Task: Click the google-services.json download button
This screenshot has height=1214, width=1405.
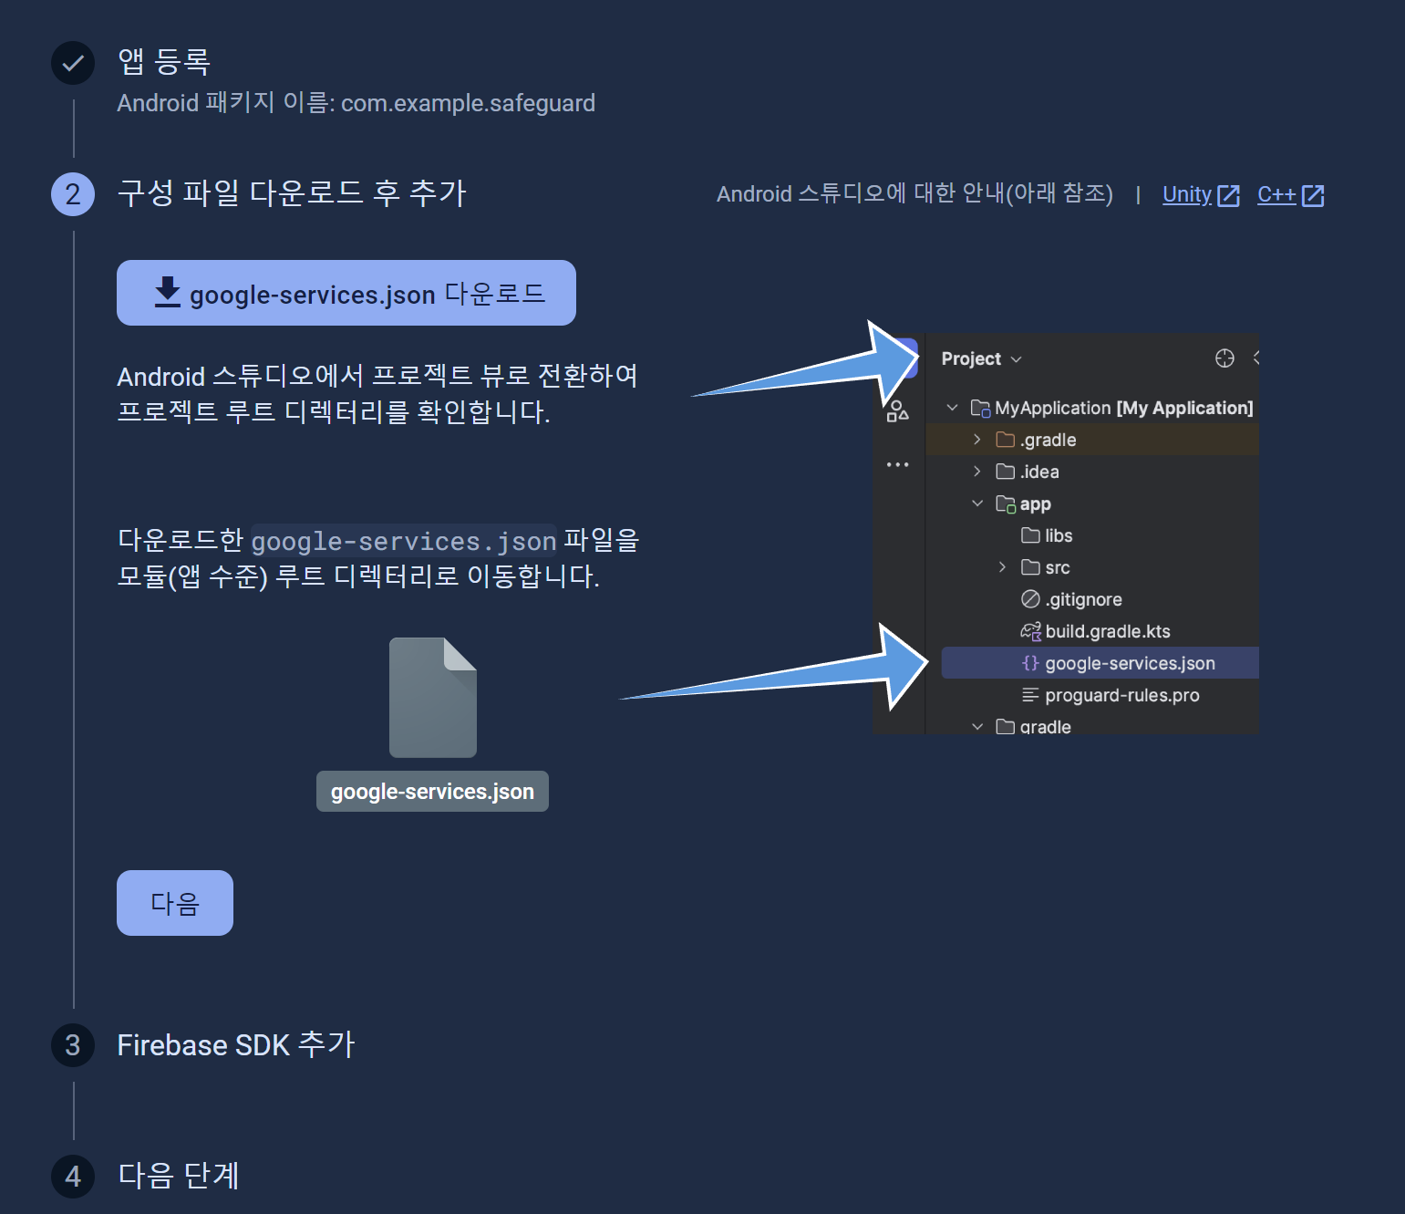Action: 346,293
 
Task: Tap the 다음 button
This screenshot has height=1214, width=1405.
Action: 175,902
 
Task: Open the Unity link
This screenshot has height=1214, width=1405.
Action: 1201,195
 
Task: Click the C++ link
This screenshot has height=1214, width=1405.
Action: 1290,195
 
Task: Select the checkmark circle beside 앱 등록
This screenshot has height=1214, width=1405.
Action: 73,63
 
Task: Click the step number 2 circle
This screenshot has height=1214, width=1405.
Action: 73,194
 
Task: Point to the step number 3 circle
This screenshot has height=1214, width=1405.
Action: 73,1044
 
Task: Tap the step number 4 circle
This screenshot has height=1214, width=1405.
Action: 73,1176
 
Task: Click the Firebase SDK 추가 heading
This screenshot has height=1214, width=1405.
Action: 235,1044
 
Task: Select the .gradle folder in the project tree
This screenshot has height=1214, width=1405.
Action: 1036,440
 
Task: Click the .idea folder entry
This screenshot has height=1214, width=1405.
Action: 1027,472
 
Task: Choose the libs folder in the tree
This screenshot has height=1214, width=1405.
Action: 1047,535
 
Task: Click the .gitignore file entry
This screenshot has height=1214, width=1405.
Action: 1071,599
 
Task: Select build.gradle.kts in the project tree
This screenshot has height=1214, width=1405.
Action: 1095,631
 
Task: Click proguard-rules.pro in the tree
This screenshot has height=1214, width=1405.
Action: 1110,695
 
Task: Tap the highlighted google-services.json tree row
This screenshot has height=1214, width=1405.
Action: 1100,663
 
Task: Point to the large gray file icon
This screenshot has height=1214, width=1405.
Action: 433,697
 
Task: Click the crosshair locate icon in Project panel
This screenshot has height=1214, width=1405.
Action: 1224,358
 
